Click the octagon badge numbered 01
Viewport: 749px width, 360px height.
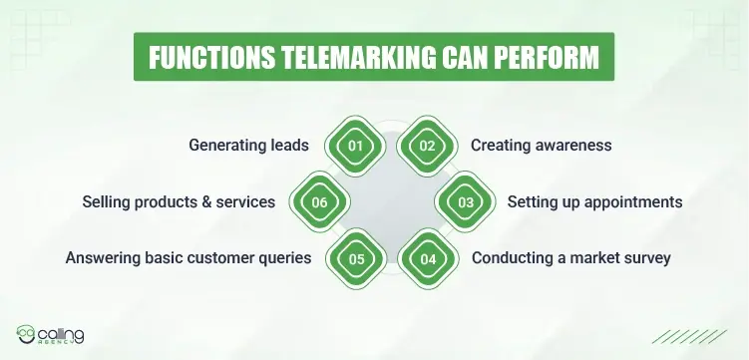pos(353,146)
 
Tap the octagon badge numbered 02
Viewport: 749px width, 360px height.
pos(428,146)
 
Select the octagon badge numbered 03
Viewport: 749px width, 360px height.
pos(466,202)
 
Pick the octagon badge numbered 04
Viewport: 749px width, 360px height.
pos(428,259)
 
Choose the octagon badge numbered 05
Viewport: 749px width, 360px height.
pos(353,259)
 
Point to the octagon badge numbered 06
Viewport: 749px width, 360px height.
pos(319,202)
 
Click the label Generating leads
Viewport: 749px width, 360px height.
pos(248,146)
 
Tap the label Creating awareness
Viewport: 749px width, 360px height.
pos(541,146)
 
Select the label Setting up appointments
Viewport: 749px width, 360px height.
pos(594,202)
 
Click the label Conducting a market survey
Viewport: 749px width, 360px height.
pos(570,259)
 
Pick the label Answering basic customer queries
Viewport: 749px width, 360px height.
pos(188,259)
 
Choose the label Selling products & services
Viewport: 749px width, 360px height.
pos(179,202)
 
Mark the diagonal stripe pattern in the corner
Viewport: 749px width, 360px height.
pos(698,336)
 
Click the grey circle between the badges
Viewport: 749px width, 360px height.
pos(391,202)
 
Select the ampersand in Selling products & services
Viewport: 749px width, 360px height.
pos(206,202)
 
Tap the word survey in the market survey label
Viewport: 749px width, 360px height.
pos(645,259)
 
